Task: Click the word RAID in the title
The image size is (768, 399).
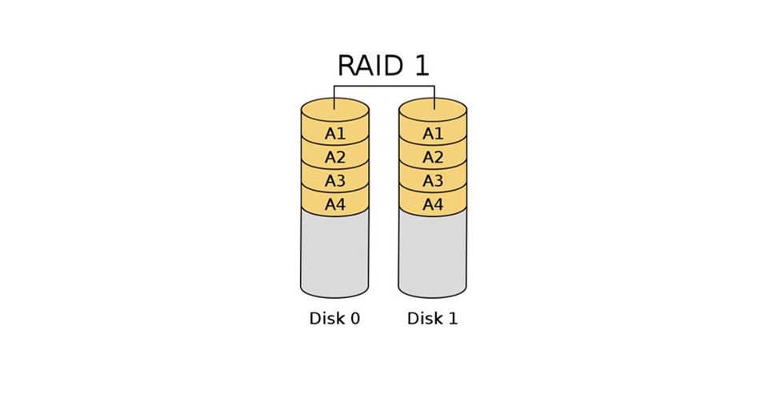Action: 369,66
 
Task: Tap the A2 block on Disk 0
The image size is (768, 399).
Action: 334,157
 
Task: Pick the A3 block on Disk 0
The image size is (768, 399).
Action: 334,181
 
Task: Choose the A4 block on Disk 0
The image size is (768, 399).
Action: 334,205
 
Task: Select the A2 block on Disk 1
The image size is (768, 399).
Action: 433,157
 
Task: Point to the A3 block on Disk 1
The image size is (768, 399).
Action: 433,181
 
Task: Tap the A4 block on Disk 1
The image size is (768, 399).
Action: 433,205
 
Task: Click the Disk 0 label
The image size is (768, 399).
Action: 334,319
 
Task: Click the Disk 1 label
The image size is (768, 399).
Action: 433,319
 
